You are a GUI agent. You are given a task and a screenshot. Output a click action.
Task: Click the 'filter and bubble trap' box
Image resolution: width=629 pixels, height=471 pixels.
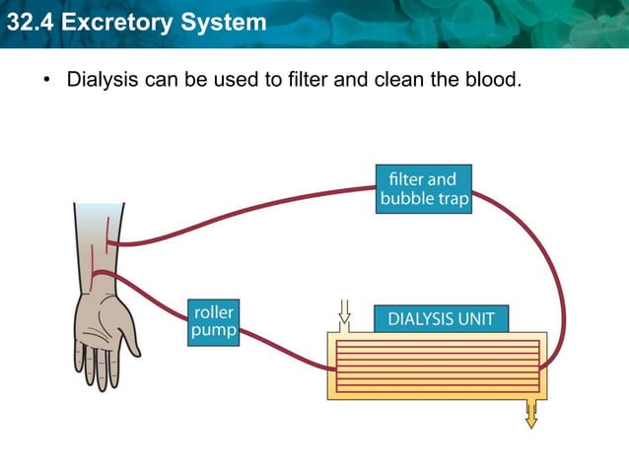(x=424, y=188)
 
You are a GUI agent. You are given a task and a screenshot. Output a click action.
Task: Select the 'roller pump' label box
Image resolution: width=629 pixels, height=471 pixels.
(x=213, y=320)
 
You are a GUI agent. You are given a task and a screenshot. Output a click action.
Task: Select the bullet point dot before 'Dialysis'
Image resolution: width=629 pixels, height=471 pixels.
(x=45, y=79)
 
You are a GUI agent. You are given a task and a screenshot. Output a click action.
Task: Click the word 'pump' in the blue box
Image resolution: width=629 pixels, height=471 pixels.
(x=213, y=330)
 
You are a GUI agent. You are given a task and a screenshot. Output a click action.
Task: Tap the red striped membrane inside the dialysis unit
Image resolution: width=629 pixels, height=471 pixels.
(x=438, y=367)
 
